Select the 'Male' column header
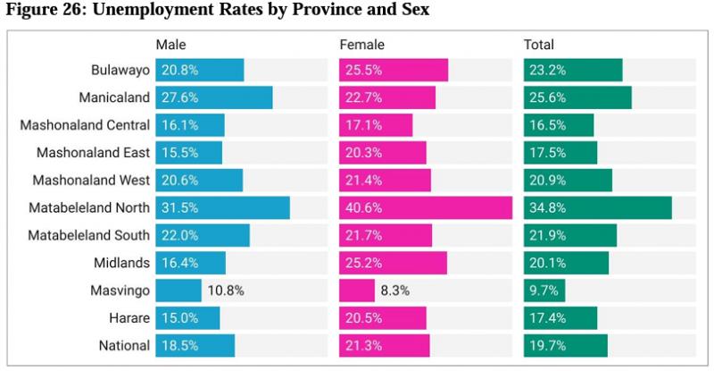pos(170,45)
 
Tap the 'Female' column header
pos(361,45)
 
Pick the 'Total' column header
pos(539,45)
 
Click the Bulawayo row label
pos(113,70)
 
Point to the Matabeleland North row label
pos(83,208)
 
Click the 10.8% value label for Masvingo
pos(226,291)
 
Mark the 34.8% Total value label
pos(547,208)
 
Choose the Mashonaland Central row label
pos(79,125)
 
